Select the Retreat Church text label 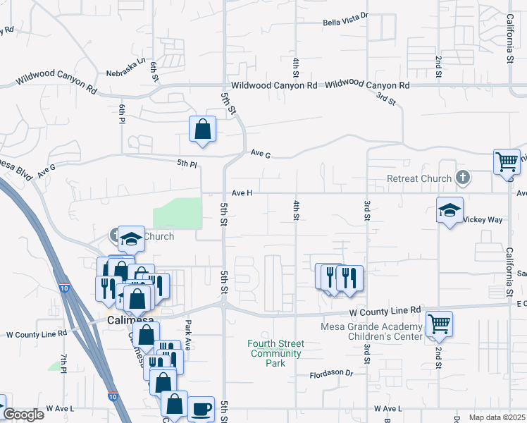419,178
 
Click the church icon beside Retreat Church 463,176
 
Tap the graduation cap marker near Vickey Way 449,211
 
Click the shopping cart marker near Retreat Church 507,161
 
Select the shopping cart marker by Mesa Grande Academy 439,324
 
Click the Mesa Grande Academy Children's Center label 371,331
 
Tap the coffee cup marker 201,408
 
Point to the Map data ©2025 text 497,417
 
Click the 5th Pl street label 187,164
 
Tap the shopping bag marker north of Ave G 202,129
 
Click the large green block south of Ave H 178,212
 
